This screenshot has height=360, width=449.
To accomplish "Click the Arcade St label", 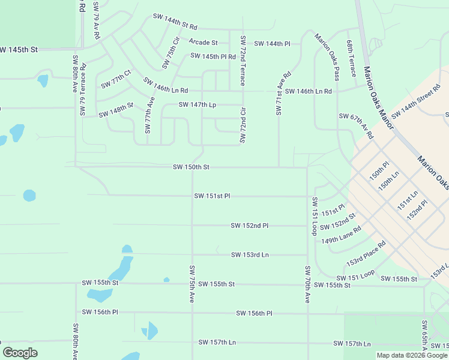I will (203, 42).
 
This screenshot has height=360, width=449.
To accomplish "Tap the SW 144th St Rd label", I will (175, 23).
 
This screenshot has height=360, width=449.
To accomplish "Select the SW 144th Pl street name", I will (272, 44).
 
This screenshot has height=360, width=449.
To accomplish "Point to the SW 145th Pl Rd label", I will (213, 56).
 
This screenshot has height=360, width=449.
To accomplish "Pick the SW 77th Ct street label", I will (116, 80).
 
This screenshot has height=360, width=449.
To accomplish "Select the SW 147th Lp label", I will (197, 104).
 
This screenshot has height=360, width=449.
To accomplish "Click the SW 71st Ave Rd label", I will (283, 88).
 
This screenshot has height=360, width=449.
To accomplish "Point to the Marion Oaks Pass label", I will (327, 57).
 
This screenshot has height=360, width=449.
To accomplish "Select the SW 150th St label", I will (191, 167).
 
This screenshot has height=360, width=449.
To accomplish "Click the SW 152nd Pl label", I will (249, 226).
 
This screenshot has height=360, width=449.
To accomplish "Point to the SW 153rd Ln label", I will (250, 255).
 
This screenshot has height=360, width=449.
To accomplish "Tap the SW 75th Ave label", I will (192, 284).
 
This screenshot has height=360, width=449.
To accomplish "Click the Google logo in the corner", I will (20, 352).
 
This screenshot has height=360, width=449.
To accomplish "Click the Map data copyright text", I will (412, 355).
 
